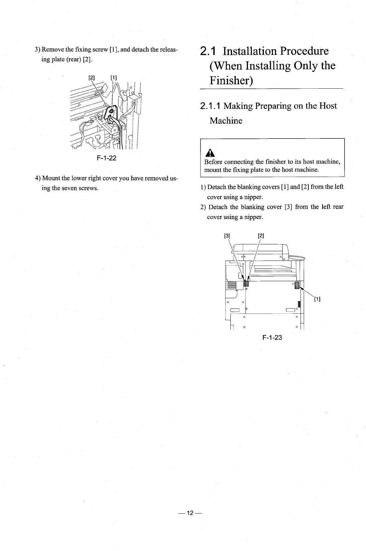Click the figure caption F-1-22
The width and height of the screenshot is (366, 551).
pos(106,158)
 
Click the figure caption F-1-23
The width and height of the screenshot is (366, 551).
pos(272,338)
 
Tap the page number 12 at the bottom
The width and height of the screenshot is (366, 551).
pos(190,513)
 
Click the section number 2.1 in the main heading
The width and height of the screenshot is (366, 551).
pos(209,51)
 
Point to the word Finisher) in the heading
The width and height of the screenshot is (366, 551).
pos(231,81)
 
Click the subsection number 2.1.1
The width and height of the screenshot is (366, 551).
pos(210,106)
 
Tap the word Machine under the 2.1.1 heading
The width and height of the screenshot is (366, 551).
pos(226,120)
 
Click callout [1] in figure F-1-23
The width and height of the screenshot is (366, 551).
pos(317,299)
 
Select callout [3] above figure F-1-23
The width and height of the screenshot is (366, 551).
pos(227,235)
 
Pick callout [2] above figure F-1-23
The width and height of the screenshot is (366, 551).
pos(261,235)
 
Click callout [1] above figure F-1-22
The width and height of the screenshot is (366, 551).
pos(114,78)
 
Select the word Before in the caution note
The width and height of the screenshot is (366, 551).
pos(213,162)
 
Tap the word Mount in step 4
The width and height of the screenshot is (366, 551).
pos(51,178)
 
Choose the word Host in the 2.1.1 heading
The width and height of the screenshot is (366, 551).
pos(328,106)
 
